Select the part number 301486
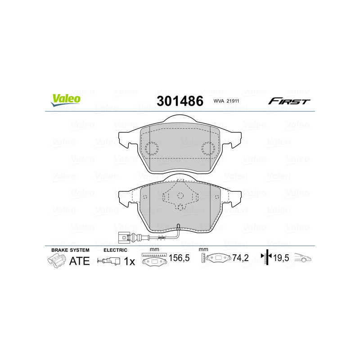click(180, 101)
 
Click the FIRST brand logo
click(289, 101)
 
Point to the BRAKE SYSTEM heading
click(70, 250)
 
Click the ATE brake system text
click(80, 261)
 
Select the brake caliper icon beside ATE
click(56, 261)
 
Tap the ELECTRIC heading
click(115, 250)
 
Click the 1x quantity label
click(129, 261)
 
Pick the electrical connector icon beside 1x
click(109, 261)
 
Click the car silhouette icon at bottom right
click(303, 259)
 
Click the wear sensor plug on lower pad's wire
click(124, 237)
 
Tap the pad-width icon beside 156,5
click(154, 260)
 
